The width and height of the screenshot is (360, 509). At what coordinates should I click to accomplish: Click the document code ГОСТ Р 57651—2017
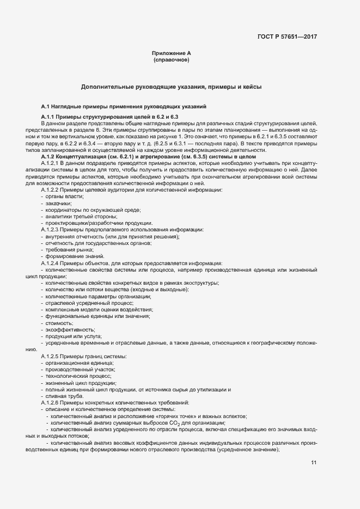[286, 38]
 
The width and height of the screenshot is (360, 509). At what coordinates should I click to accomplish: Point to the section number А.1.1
[50, 117]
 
